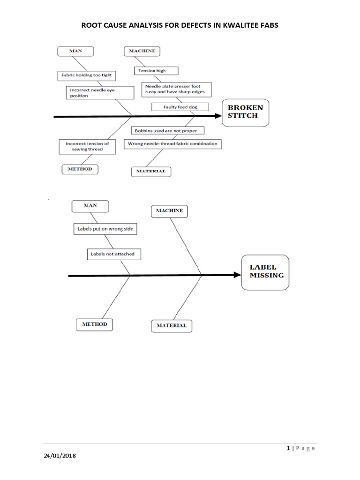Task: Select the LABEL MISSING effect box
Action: point(266,272)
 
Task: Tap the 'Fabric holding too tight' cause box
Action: point(87,75)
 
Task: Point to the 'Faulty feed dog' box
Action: point(180,107)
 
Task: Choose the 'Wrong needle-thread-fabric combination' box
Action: point(172,143)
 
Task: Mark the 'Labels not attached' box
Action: point(114,254)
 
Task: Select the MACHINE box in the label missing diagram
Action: point(170,211)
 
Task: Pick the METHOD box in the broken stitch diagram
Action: point(80,169)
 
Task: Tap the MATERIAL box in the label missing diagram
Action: point(171,325)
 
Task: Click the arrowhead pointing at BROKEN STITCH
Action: point(217,116)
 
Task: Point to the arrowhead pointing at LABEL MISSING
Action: point(237,275)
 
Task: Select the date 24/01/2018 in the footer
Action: point(60,456)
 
